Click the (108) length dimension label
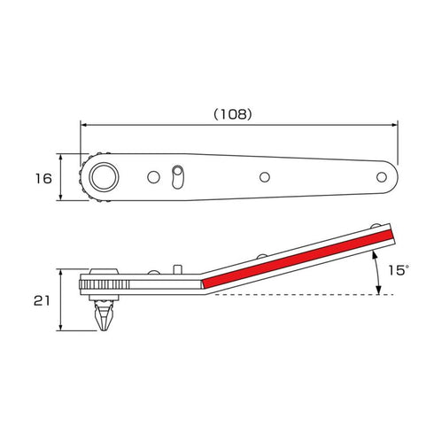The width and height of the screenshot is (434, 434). [233, 114]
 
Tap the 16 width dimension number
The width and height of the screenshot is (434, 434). [43, 179]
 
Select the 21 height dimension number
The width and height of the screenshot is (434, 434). [42, 301]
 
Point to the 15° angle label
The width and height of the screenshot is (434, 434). [398, 270]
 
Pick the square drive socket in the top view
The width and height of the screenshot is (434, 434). [104, 177]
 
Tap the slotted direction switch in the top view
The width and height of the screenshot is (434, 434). [177, 177]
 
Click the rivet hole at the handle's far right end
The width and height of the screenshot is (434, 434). [382, 177]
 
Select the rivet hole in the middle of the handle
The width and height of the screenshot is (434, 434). [265, 177]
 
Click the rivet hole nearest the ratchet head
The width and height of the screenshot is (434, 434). [153, 177]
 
